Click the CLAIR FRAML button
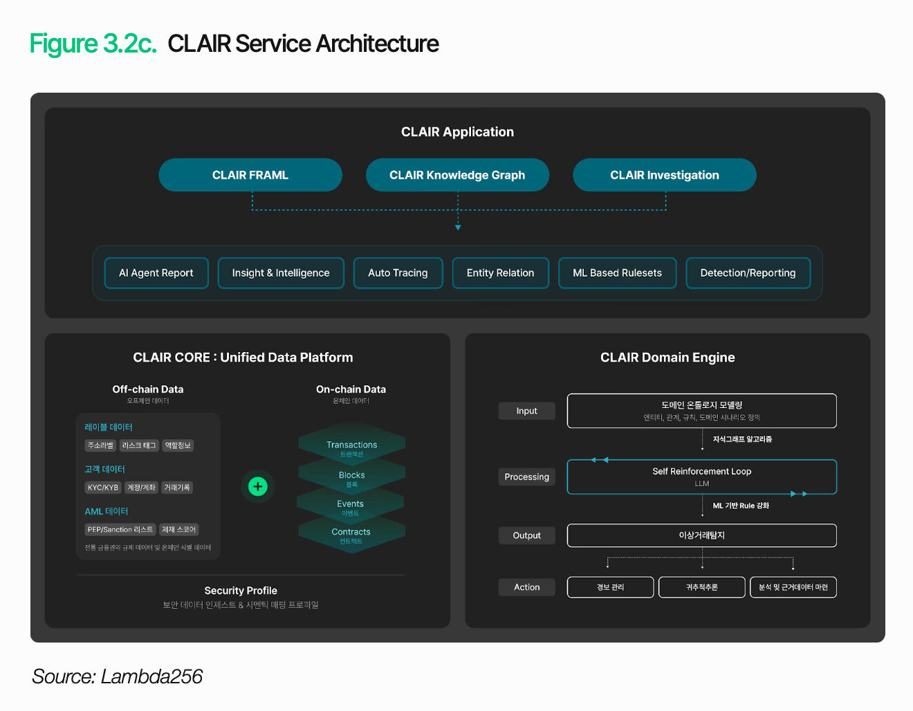click(250, 175)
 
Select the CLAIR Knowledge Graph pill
click(457, 175)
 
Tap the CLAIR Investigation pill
click(664, 175)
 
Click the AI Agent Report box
click(156, 273)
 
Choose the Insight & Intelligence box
click(281, 273)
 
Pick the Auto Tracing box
click(398, 273)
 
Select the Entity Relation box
click(500, 273)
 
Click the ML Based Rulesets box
click(617, 273)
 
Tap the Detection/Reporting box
click(748, 273)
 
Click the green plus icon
click(258, 486)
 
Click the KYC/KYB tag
click(103, 488)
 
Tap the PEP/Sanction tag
click(120, 530)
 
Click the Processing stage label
click(526, 477)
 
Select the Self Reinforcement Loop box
click(701, 477)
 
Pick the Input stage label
click(526, 411)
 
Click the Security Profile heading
click(241, 591)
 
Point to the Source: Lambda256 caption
click(117, 676)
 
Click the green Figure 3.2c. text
click(93, 44)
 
